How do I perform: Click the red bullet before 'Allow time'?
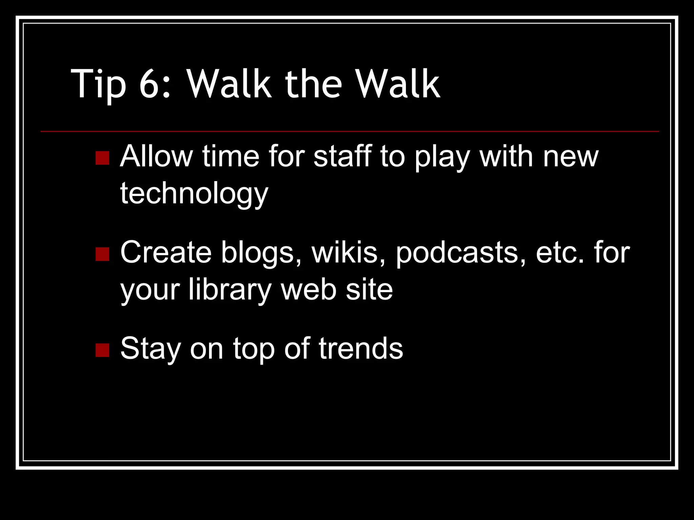pyautogui.click(x=102, y=158)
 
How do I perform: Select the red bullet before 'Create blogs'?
pyautogui.click(x=102, y=254)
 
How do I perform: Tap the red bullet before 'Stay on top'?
pyautogui.click(x=102, y=350)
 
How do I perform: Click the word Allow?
pyautogui.click(x=156, y=156)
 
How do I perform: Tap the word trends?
pyautogui.click(x=361, y=349)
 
